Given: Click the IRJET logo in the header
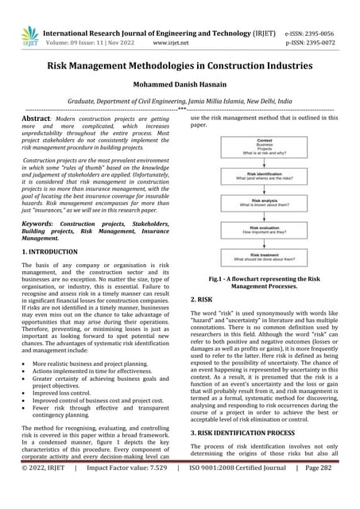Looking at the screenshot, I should coord(29,35).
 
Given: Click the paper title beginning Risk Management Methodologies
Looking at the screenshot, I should coord(180,64).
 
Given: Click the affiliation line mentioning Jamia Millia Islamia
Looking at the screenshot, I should coord(180,102).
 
